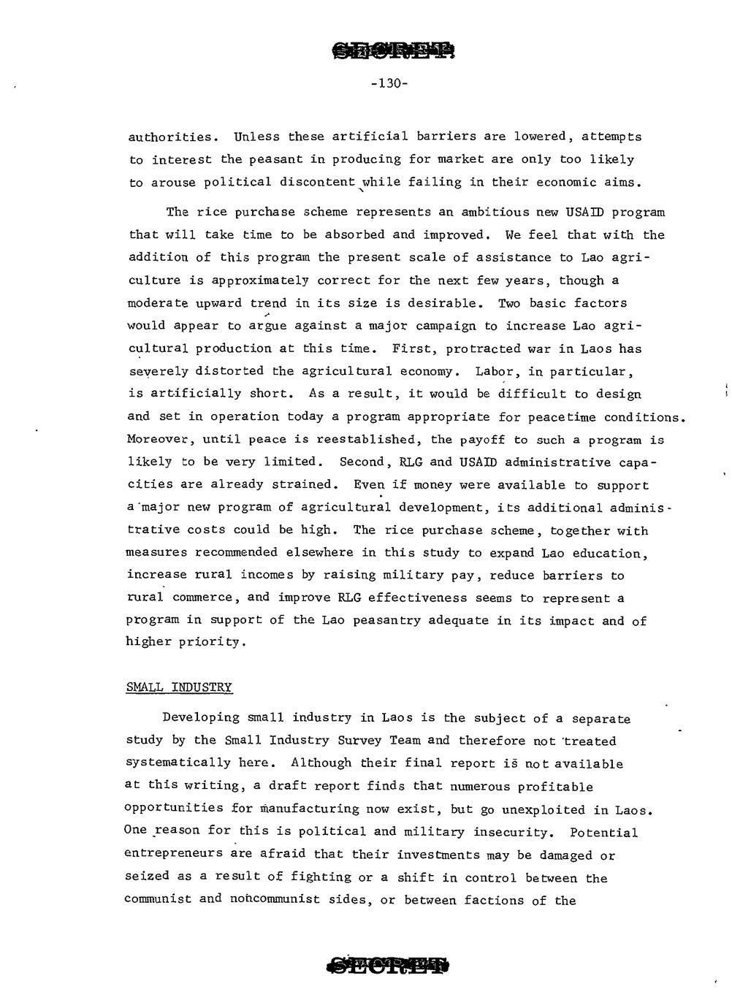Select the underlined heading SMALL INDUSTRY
click(x=179, y=687)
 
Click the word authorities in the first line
click(x=173, y=137)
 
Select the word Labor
click(x=494, y=371)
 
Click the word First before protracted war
click(x=414, y=348)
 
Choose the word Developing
click(x=201, y=718)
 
